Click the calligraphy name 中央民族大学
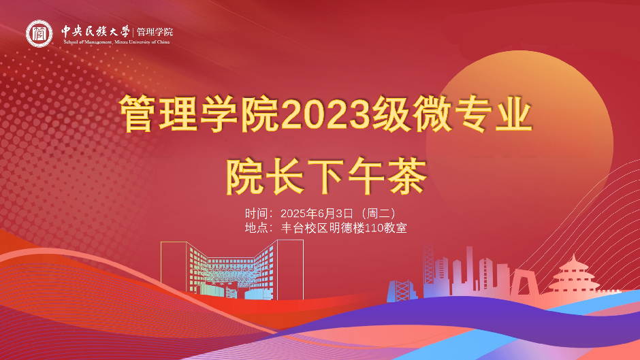95,31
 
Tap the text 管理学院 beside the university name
155,31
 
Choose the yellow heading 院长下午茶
326,176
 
